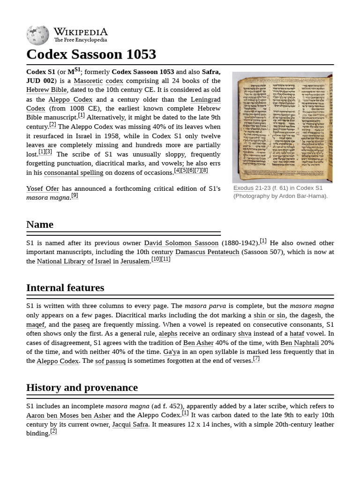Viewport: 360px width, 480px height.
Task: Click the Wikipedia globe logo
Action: tap(37, 35)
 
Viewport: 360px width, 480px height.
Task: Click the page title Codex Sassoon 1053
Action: tap(91, 54)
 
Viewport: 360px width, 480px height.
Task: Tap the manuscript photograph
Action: tap(282, 127)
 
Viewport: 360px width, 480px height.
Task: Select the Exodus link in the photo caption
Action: tap(243, 188)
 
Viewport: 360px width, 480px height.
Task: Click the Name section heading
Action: tap(40, 225)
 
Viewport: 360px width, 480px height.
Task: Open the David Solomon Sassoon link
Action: tap(181, 243)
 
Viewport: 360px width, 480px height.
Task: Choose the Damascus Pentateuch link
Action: tap(207, 252)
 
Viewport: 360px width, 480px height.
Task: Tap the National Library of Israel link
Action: tap(74, 261)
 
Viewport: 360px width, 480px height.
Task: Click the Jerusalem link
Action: tap(135, 261)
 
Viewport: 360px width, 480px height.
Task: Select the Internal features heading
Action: tap(65, 288)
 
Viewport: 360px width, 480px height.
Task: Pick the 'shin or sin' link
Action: tap(269, 315)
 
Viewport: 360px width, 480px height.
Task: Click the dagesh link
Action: tap(311, 315)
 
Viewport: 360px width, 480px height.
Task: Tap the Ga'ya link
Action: tap(171, 352)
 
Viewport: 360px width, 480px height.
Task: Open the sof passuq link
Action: tap(110, 361)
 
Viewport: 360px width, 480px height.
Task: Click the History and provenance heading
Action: tap(82, 388)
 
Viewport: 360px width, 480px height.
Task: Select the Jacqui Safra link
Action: tap(130, 424)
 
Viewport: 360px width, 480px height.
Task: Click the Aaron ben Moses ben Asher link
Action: tap(68, 415)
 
